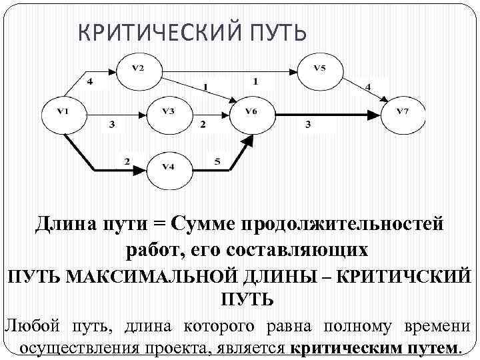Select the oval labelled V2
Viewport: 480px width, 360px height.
click(x=137, y=69)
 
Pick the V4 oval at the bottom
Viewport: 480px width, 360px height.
click(x=169, y=170)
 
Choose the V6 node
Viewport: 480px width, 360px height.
click(x=251, y=114)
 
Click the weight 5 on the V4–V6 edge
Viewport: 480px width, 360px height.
click(x=218, y=161)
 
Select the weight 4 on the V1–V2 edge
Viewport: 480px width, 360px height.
click(x=91, y=82)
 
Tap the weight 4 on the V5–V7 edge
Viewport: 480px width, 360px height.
click(x=367, y=87)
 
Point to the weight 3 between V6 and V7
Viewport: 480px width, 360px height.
click(x=308, y=125)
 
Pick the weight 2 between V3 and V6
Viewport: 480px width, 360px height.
click(x=203, y=125)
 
